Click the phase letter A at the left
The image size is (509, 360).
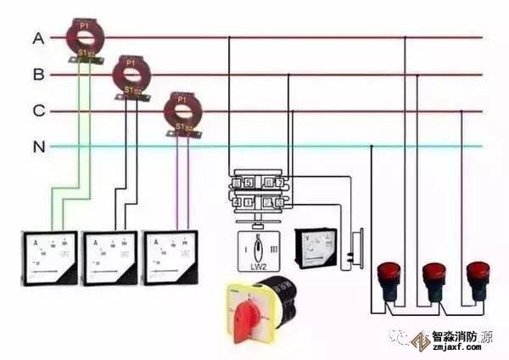[38, 38]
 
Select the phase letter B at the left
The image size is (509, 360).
[38, 75]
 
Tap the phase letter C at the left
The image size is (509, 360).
[38, 111]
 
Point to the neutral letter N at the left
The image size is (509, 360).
[38, 147]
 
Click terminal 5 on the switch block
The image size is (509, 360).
[247, 182]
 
